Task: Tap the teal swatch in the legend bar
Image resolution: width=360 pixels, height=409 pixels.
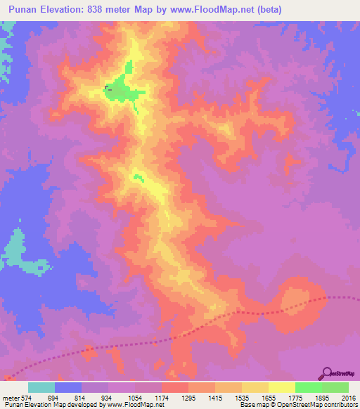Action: (x=41, y=387)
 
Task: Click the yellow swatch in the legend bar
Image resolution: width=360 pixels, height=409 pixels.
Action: (x=282, y=387)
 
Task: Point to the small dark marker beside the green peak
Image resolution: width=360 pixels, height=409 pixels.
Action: (x=108, y=88)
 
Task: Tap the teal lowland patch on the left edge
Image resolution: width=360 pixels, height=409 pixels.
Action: (x=15, y=249)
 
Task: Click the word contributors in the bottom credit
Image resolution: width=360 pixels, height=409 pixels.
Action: (x=340, y=405)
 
